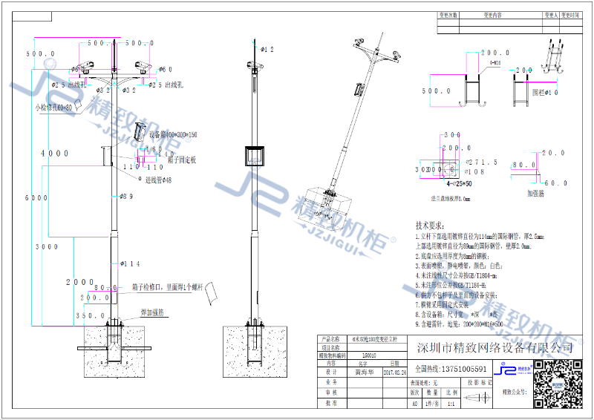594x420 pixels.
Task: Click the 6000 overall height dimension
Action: click(x=31, y=199)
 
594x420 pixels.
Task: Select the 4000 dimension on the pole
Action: click(x=55, y=154)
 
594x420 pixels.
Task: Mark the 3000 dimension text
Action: click(x=48, y=246)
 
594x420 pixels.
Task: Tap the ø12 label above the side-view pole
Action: click(x=268, y=50)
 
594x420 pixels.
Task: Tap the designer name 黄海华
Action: click(x=363, y=373)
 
